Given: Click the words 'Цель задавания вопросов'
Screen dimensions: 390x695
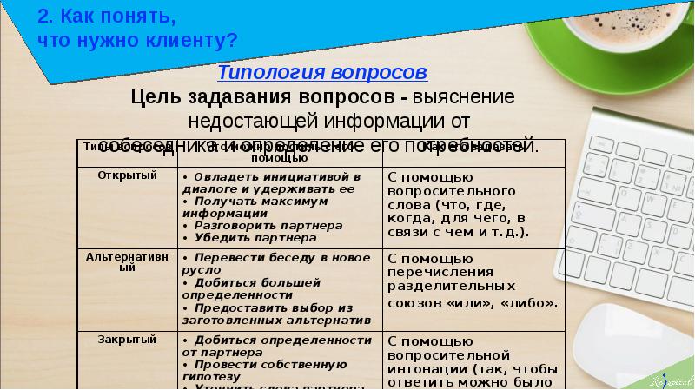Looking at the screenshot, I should click(x=268, y=96).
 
